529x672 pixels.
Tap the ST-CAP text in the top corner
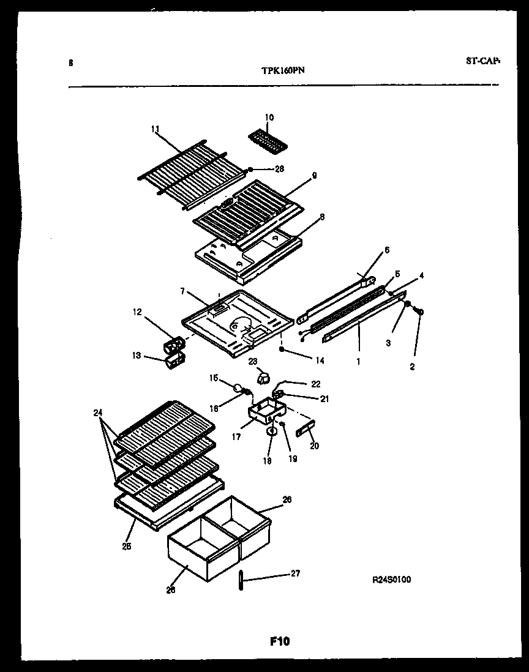[x=482, y=61]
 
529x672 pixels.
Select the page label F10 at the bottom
[x=279, y=641]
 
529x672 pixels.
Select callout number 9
[x=313, y=175]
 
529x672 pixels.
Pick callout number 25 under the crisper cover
[x=126, y=545]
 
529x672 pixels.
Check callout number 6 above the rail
[x=386, y=250]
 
